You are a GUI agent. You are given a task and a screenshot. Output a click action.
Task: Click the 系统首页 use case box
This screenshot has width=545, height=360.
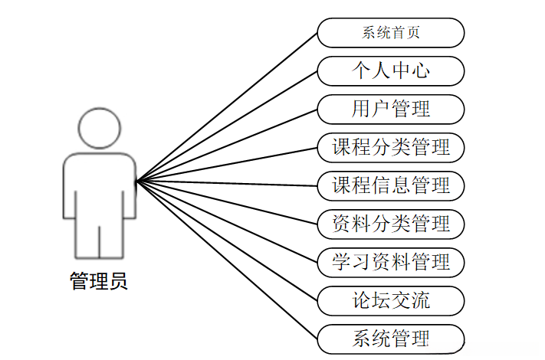(x=391, y=33)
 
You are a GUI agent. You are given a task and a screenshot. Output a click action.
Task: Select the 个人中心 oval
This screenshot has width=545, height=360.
(x=391, y=71)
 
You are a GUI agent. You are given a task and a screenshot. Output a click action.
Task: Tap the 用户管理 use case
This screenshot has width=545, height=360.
(x=391, y=110)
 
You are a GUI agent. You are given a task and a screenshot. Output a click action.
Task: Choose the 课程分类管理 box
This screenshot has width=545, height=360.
(x=391, y=147)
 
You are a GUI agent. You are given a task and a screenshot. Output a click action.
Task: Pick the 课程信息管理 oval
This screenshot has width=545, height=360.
(x=391, y=185)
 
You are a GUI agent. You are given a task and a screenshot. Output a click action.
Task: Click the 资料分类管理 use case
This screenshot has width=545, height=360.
(x=391, y=224)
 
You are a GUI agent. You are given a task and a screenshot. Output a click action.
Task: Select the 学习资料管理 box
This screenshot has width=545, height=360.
(x=391, y=262)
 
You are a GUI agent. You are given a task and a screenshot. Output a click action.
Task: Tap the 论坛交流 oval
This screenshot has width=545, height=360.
(x=391, y=300)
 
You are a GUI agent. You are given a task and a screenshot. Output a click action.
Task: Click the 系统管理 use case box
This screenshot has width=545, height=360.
(x=391, y=338)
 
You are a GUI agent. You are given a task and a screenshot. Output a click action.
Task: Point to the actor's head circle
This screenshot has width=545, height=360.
(x=100, y=127)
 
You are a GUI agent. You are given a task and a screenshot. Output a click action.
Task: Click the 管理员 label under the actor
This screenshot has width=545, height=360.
(x=99, y=281)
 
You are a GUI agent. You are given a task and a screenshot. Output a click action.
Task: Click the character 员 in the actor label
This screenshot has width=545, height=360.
(x=118, y=281)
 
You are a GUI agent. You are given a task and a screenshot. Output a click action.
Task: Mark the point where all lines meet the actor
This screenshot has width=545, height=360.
(x=136, y=182)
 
